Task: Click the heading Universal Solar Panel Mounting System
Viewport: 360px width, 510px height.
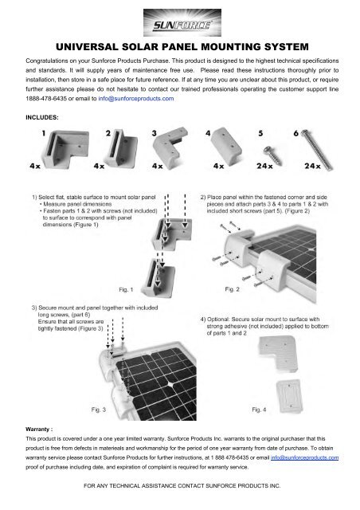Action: click(x=179, y=47)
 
